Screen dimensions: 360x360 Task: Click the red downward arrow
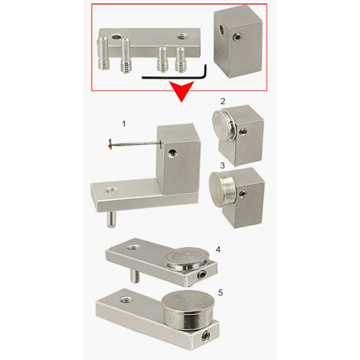coord(182,90)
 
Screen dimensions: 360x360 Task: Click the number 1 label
coord(124,124)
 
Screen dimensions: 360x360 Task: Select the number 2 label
coord(223,101)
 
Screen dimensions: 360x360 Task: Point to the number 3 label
coord(222,166)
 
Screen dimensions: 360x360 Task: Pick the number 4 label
coord(218,250)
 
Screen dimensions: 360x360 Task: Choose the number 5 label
coord(220,292)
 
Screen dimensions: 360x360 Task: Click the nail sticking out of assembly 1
coord(134,144)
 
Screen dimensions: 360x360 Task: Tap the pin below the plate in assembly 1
coord(111,219)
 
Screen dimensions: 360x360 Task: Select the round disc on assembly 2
coord(223,124)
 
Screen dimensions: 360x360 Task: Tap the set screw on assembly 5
coord(205,336)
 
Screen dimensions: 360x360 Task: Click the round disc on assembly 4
coord(187,259)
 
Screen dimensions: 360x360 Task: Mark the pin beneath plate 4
coord(134,276)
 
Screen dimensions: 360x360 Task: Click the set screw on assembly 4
coord(202,274)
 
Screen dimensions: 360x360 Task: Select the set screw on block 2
coord(243,132)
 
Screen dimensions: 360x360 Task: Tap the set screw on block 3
coord(243,194)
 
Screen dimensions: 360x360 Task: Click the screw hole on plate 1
coord(111,190)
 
